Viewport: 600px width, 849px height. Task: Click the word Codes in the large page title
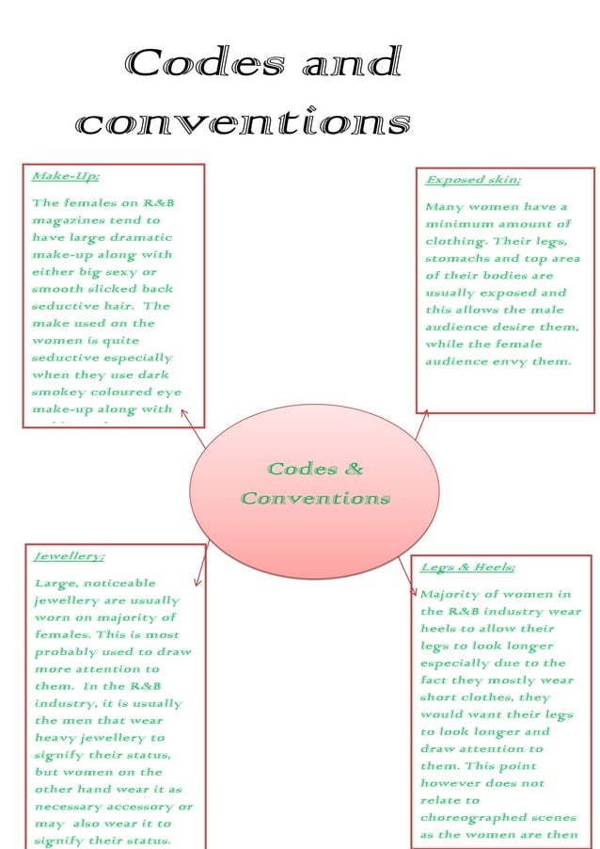(x=205, y=64)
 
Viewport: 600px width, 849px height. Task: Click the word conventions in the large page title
(x=244, y=123)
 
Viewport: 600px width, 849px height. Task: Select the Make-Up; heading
(x=65, y=176)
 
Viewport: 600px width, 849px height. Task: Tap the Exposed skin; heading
(x=472, y=180)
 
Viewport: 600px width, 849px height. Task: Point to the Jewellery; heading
(x=69, y=556)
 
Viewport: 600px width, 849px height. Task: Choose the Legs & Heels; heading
(x=466, y=568)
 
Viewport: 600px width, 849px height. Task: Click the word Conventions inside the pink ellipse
(x=315, y=498)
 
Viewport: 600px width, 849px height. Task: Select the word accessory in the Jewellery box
(x=141, y=807)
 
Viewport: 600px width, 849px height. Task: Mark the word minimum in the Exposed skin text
(x=459, y=224)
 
